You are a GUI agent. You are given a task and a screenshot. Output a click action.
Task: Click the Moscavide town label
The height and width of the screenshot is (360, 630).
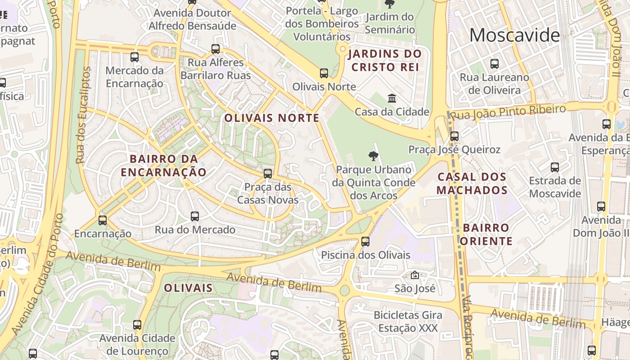(x=514, y=35)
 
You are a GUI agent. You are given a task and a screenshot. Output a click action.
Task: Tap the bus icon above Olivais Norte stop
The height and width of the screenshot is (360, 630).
(x=324, y=73)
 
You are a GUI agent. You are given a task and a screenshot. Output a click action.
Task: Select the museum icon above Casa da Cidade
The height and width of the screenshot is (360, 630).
(x=392, y=98)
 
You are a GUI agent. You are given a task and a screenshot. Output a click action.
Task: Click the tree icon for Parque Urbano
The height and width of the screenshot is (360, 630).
(x=373, y=156)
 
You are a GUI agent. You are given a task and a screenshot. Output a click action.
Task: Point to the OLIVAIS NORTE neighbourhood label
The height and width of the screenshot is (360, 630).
(x=272, y=118)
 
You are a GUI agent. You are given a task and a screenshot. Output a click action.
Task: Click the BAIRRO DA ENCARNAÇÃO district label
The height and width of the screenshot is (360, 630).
(x=163, y=166)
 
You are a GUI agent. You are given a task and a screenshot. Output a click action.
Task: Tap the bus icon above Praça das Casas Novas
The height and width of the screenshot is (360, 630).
(x=268, y=174)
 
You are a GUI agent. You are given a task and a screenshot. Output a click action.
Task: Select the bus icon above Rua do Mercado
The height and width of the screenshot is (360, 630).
(x=195, y=216)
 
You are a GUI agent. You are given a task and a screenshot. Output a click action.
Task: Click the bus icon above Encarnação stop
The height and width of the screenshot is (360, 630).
(x=103, y=220)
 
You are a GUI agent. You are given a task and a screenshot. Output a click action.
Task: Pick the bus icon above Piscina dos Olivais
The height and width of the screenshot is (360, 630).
(x=365, y=242)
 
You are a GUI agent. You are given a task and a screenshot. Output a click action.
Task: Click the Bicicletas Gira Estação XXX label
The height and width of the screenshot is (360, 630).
(x=408, y=322)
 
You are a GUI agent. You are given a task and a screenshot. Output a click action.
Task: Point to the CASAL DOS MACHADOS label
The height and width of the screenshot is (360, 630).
(x=472, y=183)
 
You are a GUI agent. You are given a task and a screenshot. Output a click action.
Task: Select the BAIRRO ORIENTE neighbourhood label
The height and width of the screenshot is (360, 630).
(x=486, y=234)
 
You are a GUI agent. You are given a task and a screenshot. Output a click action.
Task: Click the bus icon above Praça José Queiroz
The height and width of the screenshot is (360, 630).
(x=454, y=136)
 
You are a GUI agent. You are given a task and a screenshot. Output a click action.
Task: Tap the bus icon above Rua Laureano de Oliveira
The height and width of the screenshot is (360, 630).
(x=495, y=64)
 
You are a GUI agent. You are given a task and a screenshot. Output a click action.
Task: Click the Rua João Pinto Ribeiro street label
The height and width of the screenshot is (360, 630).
(x=508, y=112)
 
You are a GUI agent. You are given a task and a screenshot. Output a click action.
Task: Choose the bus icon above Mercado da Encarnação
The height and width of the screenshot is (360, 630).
(x=135, y=57)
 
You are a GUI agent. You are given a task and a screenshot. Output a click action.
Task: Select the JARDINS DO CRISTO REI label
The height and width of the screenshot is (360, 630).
(x=385, y=61)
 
